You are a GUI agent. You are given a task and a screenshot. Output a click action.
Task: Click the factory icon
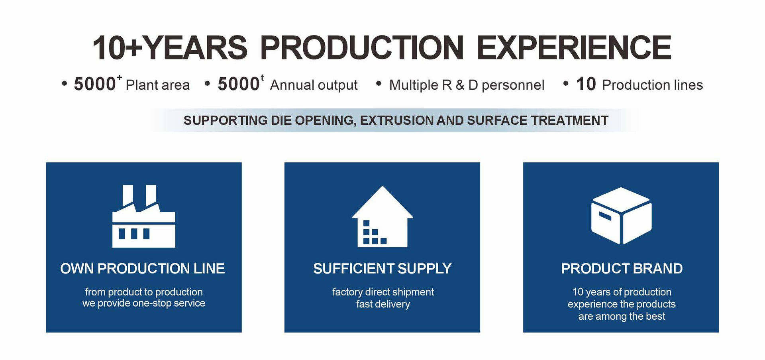pos(143,216)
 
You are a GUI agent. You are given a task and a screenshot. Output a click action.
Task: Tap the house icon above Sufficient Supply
pos(382,216)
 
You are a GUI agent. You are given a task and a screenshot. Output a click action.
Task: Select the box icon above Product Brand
pos(622,215)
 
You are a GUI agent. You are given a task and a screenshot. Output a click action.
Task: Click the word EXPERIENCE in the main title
pos(574,48)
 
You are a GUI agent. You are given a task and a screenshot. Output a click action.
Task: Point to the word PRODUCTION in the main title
pos(362,48)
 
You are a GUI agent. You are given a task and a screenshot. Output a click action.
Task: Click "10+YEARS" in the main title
pos(170,48)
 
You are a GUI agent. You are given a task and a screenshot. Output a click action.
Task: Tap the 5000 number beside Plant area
pos(95,84)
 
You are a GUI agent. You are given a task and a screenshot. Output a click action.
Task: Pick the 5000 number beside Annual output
pos(238,84)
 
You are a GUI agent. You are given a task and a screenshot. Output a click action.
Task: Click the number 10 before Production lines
pos(586,84)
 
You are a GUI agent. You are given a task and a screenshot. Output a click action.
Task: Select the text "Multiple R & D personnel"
pos(467,85)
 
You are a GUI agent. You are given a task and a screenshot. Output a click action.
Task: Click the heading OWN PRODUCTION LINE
pos(143,269)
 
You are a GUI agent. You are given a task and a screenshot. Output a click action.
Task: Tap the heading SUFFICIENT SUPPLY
pos(382,269)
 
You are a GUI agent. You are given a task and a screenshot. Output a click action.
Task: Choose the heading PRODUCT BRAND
pos(622,269)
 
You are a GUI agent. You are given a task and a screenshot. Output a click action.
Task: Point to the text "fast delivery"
pos(383,304)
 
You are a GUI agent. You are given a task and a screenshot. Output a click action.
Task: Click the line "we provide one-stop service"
pos(144,303)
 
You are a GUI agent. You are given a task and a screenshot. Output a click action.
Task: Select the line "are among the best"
pos(622,317)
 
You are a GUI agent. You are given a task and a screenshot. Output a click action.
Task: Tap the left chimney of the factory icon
pos(128,195)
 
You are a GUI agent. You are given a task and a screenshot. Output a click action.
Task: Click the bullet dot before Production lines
pos(565,84)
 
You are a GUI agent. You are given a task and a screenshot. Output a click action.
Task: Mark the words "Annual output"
pos(314,85)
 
